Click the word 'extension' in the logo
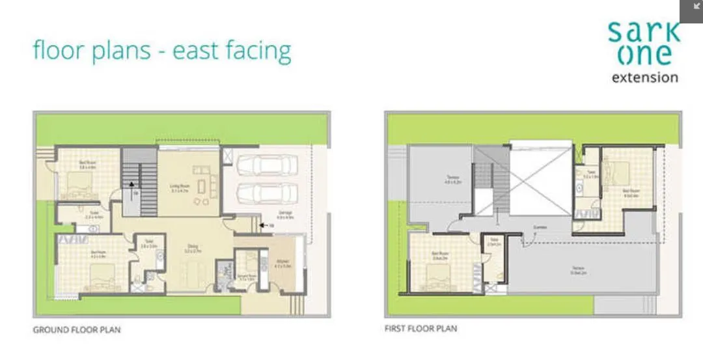tap(645, 77)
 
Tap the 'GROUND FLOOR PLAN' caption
tap(76, 330)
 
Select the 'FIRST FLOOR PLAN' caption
tap(420, 328)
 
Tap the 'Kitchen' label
tap(281, 264)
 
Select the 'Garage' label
tap(284, 214)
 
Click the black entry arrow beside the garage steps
tap(262, 225)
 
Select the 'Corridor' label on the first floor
tap(540, 227)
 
